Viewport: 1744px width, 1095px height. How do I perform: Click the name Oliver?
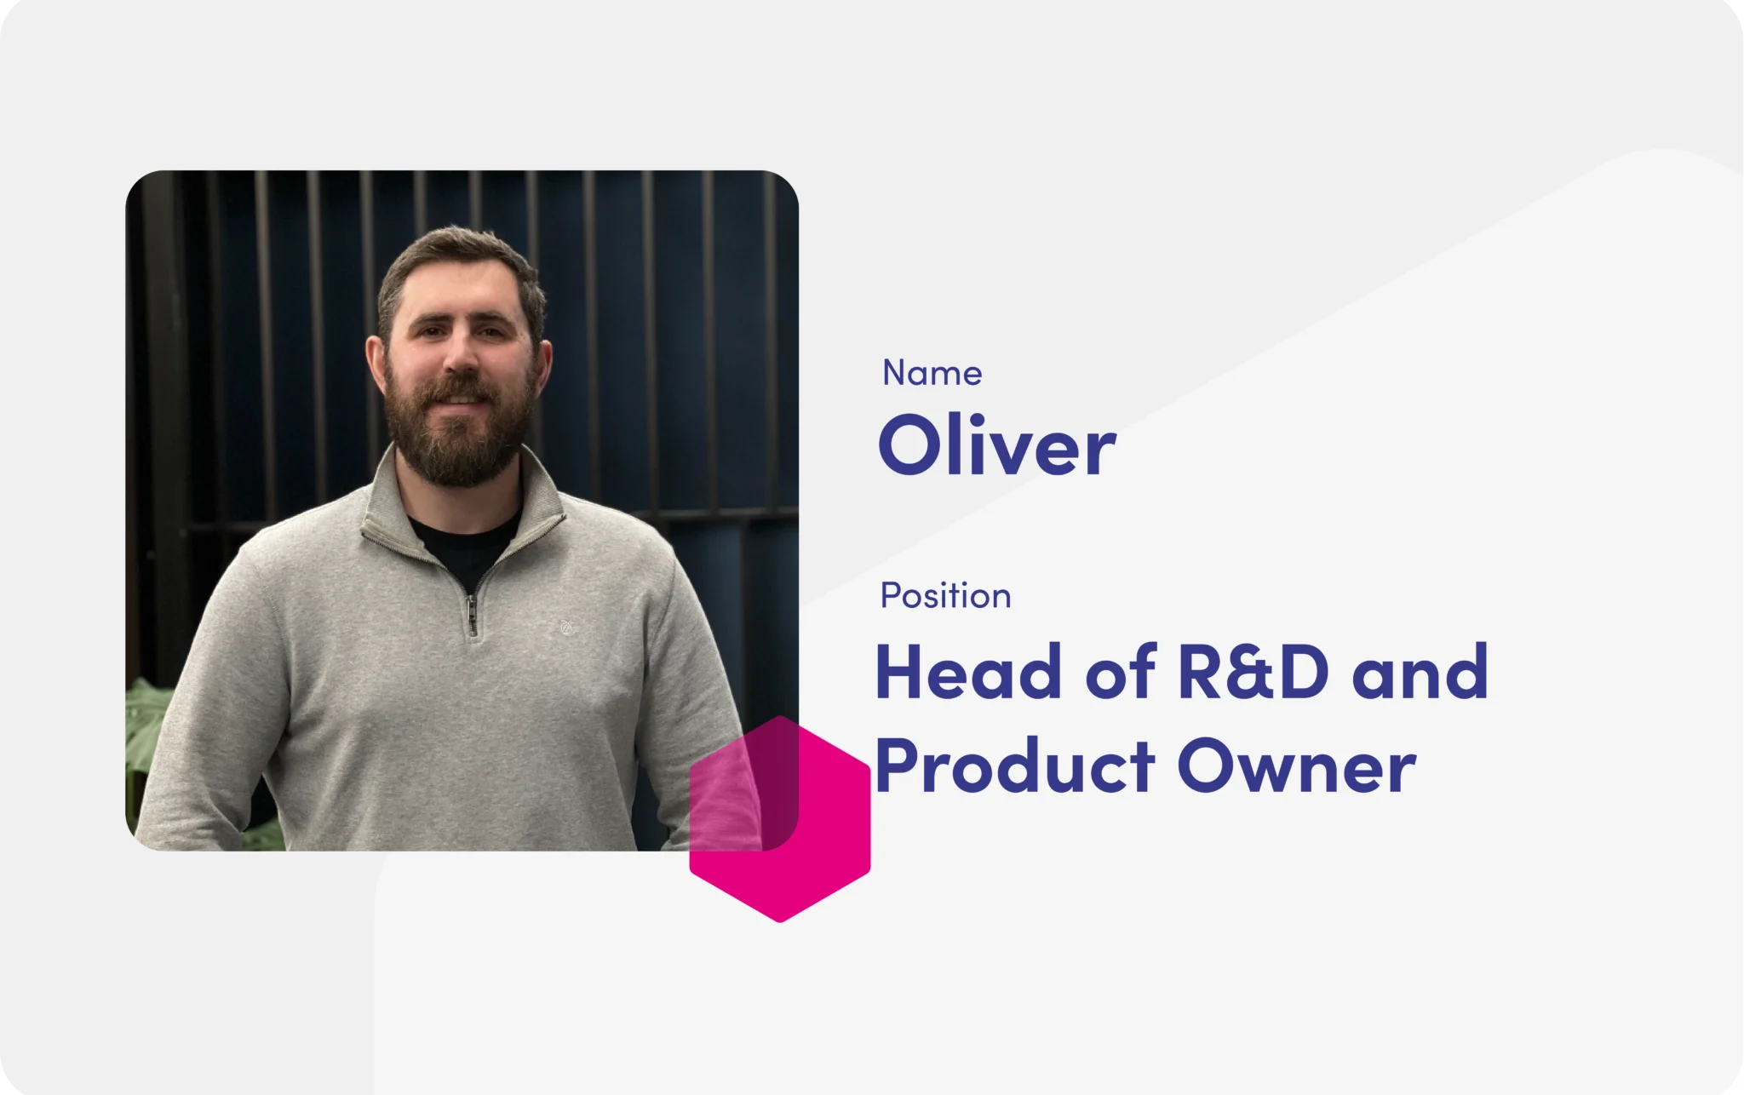[x=996, y=444]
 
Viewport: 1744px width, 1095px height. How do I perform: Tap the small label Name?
[x=932, y=373]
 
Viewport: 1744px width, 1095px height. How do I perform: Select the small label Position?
[x=945, y=595]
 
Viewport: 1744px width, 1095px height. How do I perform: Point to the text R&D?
[x=1253, y=671]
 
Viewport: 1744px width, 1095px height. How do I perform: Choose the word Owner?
[x=1297, y=766]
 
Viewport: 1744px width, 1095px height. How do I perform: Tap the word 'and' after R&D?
[x=1420, y=671]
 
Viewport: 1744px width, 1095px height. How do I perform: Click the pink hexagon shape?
[x=780, y=819]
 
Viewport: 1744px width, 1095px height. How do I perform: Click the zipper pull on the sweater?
[x=472, y=615]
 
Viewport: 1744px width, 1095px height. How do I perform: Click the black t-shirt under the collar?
[x=465, y=545]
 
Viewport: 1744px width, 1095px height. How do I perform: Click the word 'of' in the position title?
[x=1121, y=671]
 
